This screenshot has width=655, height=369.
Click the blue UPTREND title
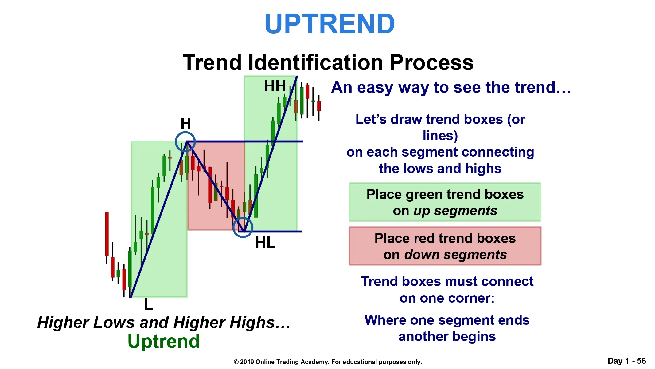329,24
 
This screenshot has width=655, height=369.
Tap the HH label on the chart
275,86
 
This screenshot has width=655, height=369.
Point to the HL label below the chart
265,243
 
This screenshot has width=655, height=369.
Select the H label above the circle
186,124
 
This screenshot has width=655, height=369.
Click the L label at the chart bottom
149,304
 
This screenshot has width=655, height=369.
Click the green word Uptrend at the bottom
164,341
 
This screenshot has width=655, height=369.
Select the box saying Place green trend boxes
445,202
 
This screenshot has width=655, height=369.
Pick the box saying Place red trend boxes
445,246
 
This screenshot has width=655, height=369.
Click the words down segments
455,255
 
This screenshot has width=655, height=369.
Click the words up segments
455,211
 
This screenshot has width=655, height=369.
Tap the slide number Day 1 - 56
627,361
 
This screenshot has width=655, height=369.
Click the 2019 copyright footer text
328,362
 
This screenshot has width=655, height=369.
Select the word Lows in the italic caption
114,323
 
